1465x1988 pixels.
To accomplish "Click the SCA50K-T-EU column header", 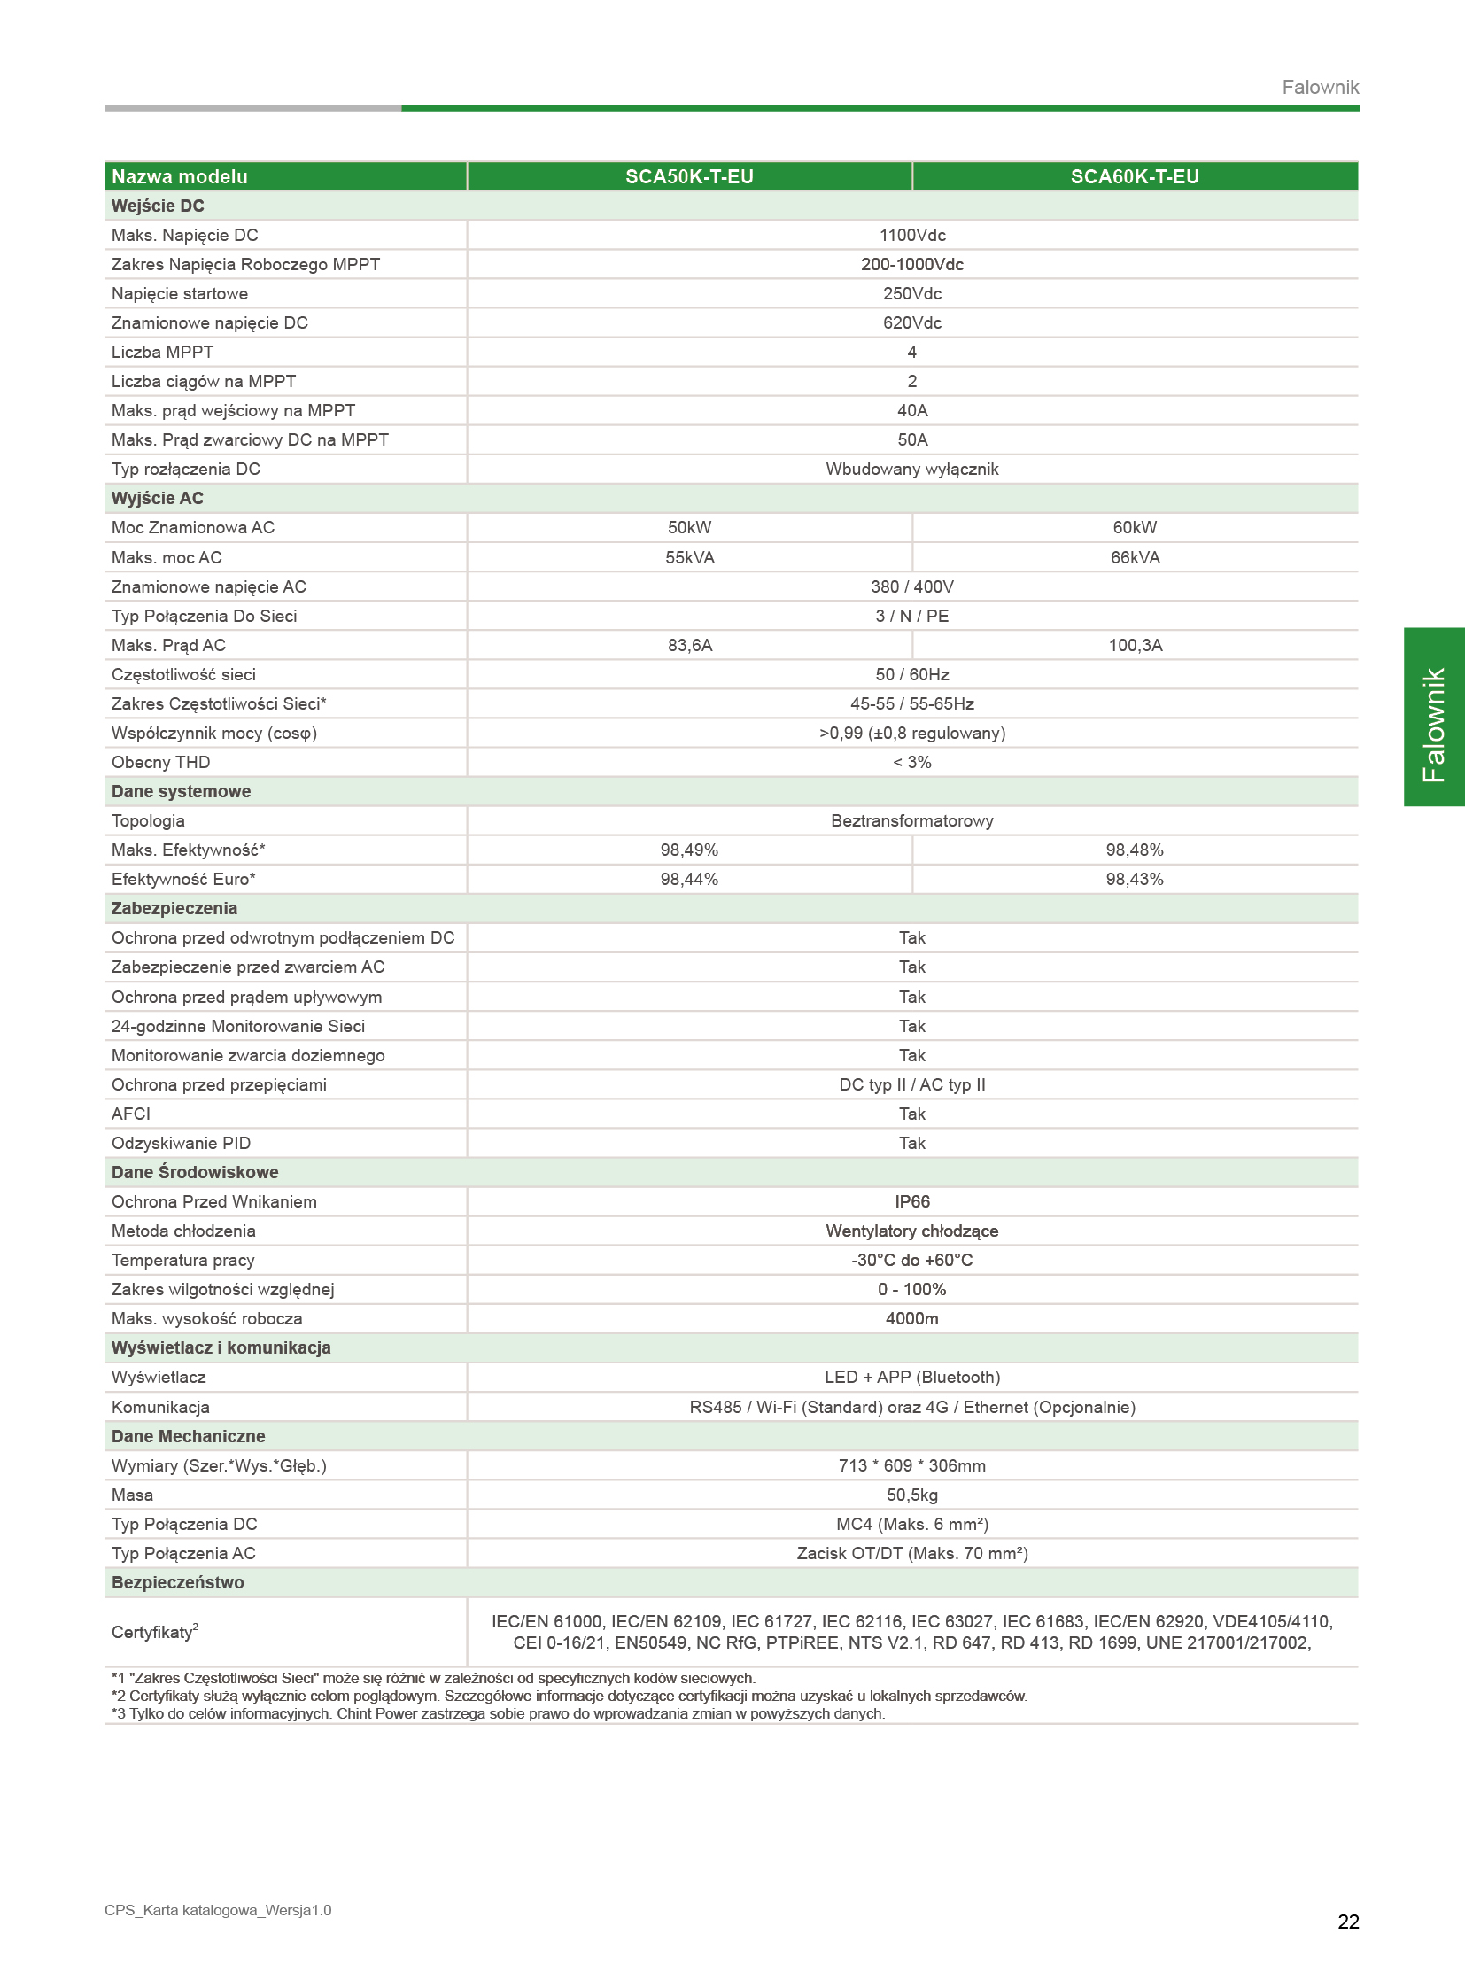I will [689, 176].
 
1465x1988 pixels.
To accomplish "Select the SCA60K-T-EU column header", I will [1135, 176].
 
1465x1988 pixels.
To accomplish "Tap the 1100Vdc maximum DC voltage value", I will [911, 235].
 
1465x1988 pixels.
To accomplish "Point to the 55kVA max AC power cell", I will [689, 557].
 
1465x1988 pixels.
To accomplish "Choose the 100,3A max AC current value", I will [1135, 645].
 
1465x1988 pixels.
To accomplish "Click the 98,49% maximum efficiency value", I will [689, 850].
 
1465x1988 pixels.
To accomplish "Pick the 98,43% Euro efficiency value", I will [1135, 879].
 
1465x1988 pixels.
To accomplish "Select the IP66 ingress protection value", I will [911, 1201].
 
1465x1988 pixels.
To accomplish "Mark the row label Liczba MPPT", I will [162, 353].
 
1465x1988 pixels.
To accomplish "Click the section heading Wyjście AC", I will [157, 499].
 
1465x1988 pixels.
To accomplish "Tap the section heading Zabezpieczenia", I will [174, 908].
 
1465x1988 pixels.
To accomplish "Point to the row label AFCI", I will [130, 1114].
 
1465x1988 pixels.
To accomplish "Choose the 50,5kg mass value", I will [911, 1495].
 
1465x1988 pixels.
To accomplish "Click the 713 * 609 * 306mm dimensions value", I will [911, 1465].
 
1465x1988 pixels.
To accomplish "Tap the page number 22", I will [1348, 1922].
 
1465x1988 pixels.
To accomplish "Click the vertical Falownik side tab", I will [1433, 717].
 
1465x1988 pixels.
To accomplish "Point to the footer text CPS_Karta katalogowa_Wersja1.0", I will [217, 1910].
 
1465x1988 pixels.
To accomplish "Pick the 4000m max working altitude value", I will [911, 1318].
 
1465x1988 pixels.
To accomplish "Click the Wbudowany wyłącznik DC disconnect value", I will [911, 470].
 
